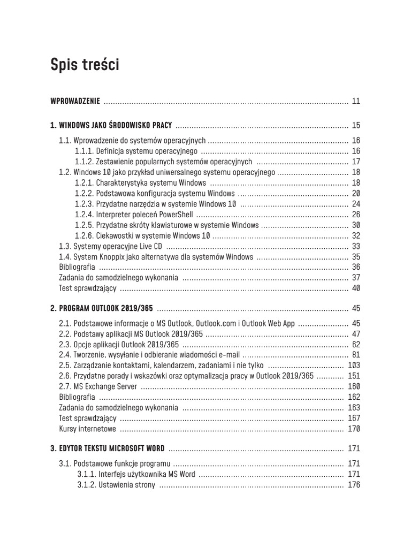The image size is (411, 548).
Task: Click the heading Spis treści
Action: (85, 65)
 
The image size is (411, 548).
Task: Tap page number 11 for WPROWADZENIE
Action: (356, 101)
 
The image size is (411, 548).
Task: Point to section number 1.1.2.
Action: (84, 162)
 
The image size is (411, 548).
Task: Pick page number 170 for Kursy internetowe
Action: (354, 429)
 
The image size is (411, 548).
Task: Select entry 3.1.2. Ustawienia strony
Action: (116, 485)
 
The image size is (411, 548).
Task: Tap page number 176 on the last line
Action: (354, 485)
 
